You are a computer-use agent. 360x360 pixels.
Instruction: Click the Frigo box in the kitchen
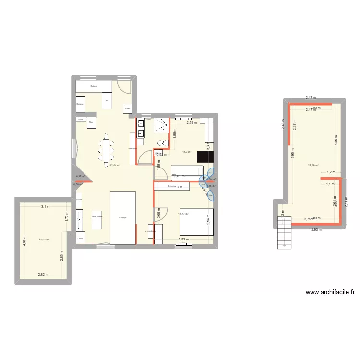coord(128,109)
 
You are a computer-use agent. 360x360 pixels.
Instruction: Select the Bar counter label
coord(107,101)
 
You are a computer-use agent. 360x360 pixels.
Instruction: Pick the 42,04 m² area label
coord(115,165)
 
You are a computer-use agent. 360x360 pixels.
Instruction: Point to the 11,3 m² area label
coord(187,152)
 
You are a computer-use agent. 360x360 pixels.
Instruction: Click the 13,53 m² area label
coord(45,240)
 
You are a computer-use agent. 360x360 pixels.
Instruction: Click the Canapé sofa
coord(123,217)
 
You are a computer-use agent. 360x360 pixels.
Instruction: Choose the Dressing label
coord(171,186)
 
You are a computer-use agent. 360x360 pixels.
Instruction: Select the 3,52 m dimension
coord(183,239)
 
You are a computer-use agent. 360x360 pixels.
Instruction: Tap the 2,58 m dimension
coord(192,123)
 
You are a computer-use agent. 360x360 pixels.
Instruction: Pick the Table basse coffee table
coord(97,217)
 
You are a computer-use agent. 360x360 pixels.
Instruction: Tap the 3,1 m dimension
coord(45,207)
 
